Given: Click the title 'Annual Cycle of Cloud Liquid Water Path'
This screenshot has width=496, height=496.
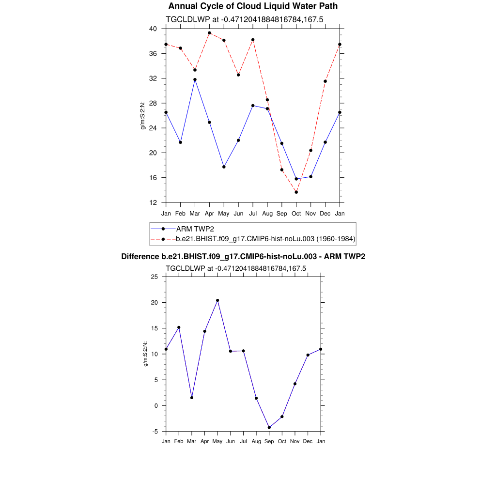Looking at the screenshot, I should click(x=253, y=6).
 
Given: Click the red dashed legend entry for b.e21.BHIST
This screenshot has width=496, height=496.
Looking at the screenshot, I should click(x=265, y=239).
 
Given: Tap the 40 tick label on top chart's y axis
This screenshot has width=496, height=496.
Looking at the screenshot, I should click(x=153, y=29).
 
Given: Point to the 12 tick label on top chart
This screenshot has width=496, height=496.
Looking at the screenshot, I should click(x=153, y=202).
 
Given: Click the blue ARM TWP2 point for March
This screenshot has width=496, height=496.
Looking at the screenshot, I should click(x=195, y=79).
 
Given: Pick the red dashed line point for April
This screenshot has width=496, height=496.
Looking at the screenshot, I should click(x=209, y=33).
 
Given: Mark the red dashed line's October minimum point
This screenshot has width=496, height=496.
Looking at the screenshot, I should click(x=296, y=192).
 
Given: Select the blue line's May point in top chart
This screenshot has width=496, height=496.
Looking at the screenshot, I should click(x=224, y=167).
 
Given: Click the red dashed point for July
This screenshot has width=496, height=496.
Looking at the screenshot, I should click(x=253, y=40).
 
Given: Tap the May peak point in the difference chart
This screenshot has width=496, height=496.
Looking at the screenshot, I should click(x=217, y=300).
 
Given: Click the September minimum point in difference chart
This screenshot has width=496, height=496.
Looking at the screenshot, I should click(x=269, y=428).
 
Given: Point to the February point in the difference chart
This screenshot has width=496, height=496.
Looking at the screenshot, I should click(x=179, y=327).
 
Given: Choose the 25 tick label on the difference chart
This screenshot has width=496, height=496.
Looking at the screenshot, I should click(x=155, y=277).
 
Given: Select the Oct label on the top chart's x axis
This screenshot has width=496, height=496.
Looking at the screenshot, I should click(x=296, y=214).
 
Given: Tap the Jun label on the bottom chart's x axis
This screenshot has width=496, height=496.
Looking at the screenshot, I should click(x=231, y=441).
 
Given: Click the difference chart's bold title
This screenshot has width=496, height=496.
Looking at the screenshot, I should click(x=243, y=257).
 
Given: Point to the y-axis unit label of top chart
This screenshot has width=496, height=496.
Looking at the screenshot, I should click(x=143, y=115).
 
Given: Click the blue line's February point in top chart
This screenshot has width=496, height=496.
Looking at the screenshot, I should click(x=180, y=142).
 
